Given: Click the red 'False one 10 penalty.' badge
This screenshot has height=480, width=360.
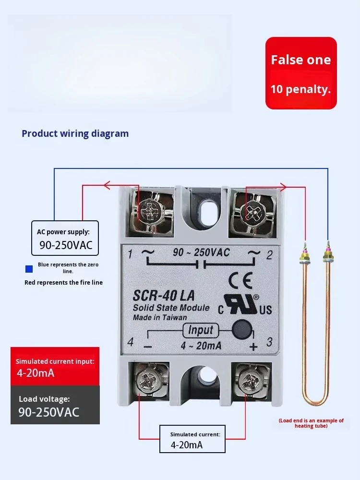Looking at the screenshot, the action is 301,73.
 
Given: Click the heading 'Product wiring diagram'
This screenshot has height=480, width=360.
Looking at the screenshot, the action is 75,134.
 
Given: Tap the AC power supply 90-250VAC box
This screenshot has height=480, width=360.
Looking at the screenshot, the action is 65,238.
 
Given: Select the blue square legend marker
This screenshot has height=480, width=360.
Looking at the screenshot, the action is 29,269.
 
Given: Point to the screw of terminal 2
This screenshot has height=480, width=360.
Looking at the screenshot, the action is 252,212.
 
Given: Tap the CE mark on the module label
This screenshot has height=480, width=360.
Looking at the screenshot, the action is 240,280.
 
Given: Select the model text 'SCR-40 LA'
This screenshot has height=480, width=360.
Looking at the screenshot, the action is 164,296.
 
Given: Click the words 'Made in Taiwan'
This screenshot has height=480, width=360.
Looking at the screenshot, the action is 160,317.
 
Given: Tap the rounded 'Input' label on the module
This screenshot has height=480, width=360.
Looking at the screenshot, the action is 201,330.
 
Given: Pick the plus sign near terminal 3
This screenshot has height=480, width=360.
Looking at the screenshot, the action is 253,347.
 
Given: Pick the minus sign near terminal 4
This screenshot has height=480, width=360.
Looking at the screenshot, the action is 147,347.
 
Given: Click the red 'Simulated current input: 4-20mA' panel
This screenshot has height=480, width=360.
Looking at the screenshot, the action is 55,366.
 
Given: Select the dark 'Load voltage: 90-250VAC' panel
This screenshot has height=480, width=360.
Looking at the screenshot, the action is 55,405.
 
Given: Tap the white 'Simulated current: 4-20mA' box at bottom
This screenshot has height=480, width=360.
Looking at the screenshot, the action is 192,439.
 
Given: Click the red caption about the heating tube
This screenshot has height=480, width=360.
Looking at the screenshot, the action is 311,423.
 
